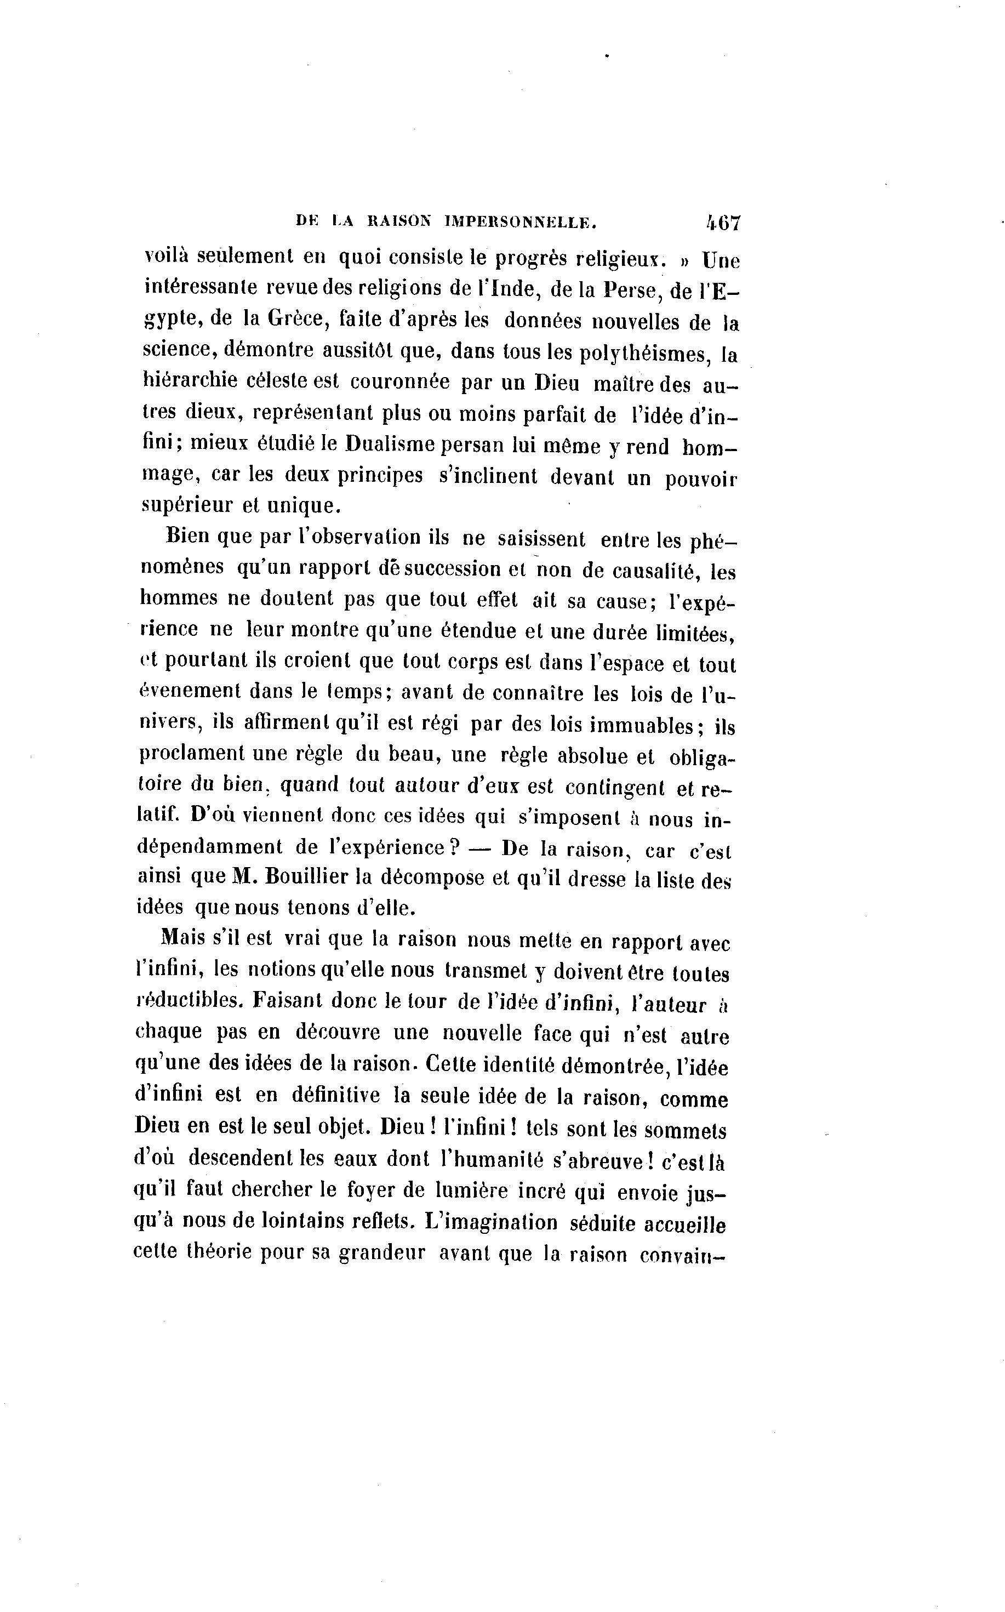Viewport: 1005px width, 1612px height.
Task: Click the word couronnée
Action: click(399, 382)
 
